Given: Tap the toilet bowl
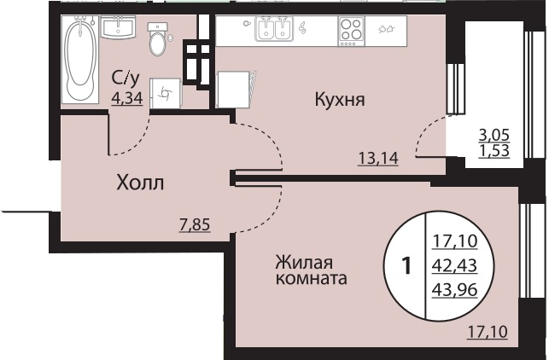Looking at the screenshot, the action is (x=158, y=39).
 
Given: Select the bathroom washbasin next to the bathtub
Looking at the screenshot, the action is (x=119, y=27).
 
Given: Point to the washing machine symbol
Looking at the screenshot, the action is (x=166, y=93).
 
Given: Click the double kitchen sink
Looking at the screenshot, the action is (x=275, y=29).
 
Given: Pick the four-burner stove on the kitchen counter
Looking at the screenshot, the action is (x=351, y=31).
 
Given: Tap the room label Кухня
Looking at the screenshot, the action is (x=340, y=100).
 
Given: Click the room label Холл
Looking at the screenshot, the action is (x=140, y=183).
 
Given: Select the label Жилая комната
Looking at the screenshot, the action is (x=311, y=270).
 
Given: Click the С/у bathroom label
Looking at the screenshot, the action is (x=126, y=78).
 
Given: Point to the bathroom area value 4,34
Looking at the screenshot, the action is (x=127, y=98).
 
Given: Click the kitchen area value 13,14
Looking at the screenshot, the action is (x=378, y=158).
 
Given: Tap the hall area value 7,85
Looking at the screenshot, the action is (x=195, y=224).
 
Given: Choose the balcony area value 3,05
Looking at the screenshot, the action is (x=494, y=135).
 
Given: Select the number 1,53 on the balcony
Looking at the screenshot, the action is (x=494, y=151).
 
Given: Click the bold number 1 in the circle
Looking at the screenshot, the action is (x=406, y=266).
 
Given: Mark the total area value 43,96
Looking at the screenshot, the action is (x=454, y=290).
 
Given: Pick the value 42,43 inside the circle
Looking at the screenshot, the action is (x=454, y=266).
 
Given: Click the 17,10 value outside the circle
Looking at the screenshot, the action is (x=488, y=332).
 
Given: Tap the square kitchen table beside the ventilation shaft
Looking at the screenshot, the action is (x=234, y=90).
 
